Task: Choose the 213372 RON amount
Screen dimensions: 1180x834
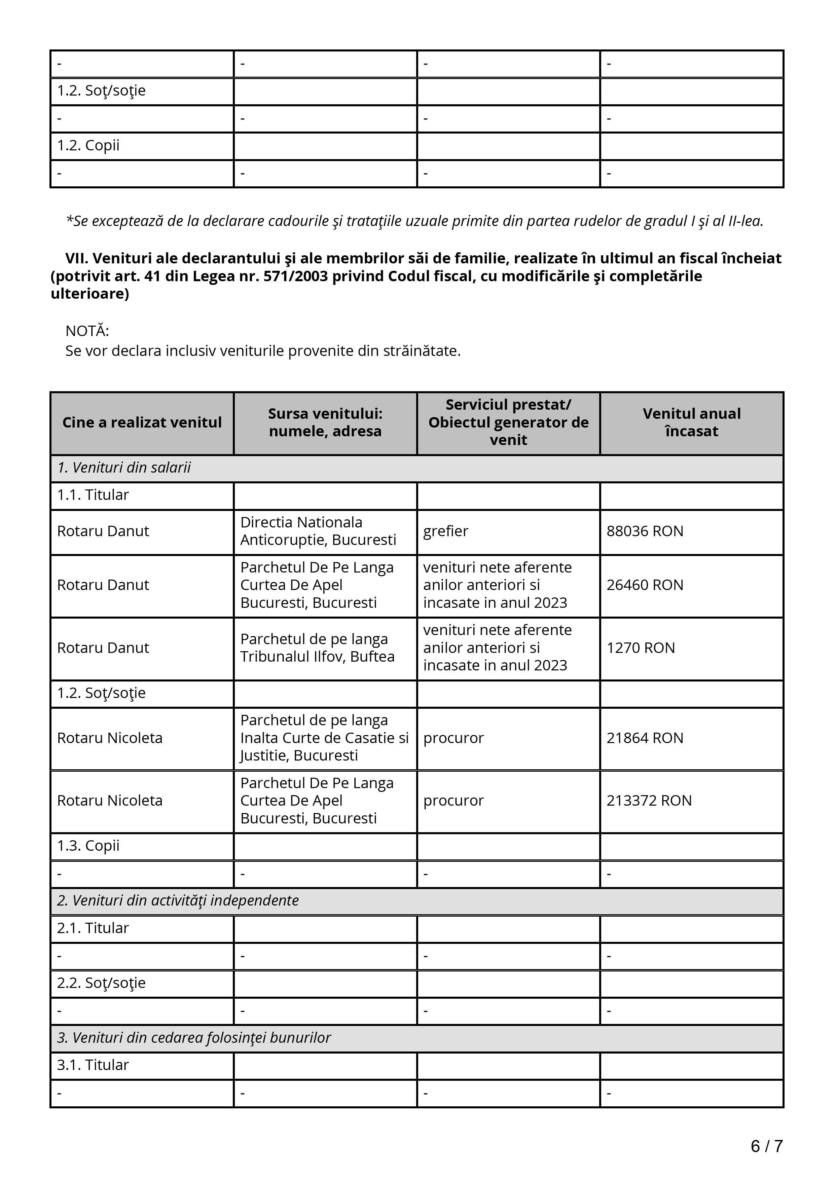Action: pos(649,800)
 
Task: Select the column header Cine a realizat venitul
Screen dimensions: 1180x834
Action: pos(142,422)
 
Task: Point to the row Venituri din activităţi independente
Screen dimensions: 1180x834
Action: pos(178,900)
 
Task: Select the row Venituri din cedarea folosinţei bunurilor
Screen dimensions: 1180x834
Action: pos(194,1038)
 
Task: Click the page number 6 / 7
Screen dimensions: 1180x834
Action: pos(766,1146)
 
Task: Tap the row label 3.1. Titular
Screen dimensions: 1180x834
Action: pos(93,1065)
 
